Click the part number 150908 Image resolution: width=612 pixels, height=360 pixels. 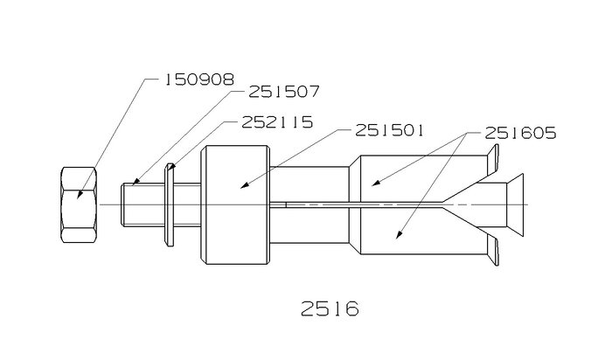pyautogui.click(x=199, y=80)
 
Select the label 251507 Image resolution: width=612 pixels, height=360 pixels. pyautogui.click(x=284, y=92)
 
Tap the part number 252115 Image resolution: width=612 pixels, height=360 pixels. pyautogui.click(x=277, y=122)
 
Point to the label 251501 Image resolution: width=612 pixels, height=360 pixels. pyautogui.click(x=389, y=131)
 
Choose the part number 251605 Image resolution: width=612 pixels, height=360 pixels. pyautogui.click(x=520, y=134)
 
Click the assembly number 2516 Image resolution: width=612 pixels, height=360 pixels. pyautogui.click(x=330, y=308)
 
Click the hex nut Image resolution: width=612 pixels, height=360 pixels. pyautogui.click(x=79, y=204)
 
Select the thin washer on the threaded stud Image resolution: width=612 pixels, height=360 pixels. pyautogui.click(x=170, y=204)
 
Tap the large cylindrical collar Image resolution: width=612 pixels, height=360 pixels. pyautogui.click(x=235, y=204)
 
